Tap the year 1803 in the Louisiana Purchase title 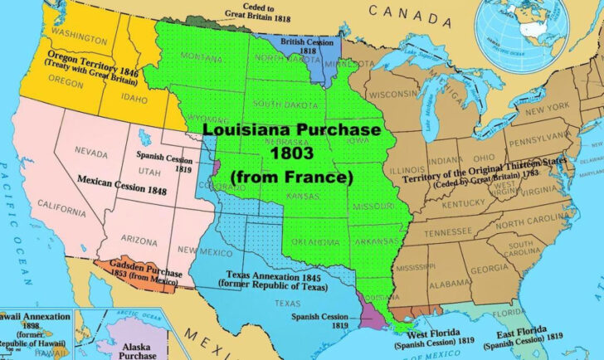[291, 153]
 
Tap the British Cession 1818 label [302, 44]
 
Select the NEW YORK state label [545, 109]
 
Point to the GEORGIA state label [490, 269]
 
